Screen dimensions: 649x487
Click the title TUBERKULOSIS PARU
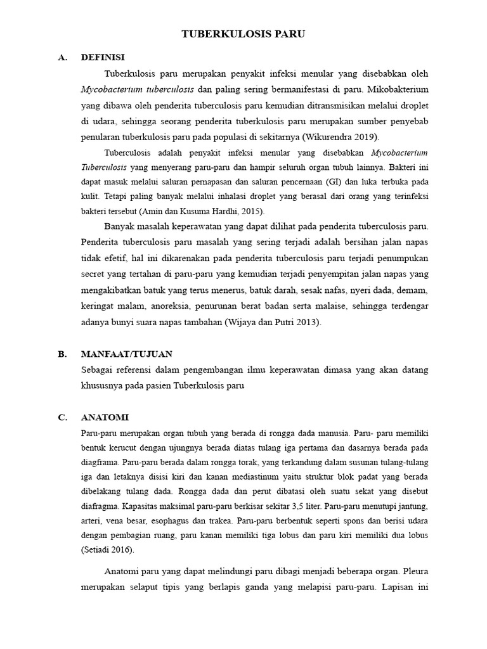pyautogui.click(x=243, y=34)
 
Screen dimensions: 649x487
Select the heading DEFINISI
pyautogui.click(x=103, y=57)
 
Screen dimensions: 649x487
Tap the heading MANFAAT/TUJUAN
pyautogui.click(x=127, y=354)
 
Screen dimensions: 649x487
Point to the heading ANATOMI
pyautogui.click(x=105, y=417)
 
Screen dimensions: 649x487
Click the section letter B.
pyautogui.click(x=62, y=354)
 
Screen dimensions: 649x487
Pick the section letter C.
pyautogui.click(x=62, y=417)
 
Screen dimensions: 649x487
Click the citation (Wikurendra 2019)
pyautogui.click(x=341, y=136)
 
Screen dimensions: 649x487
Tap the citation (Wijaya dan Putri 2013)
pyautogui.click(x=273, y=322)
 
